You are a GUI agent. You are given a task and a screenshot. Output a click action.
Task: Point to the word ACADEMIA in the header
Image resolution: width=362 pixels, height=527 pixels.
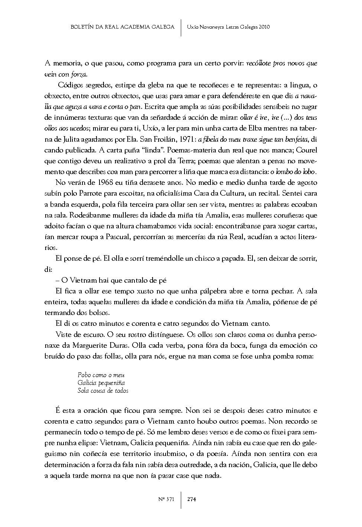(x=133, y=27)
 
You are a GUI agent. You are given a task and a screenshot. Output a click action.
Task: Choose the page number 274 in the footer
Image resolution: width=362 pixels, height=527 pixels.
(x=192, y=499)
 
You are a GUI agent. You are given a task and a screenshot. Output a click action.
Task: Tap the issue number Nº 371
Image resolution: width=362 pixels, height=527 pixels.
(x=166, y=499)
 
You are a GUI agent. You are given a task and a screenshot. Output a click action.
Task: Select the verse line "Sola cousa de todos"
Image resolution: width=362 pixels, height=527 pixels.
(x=103, y=391)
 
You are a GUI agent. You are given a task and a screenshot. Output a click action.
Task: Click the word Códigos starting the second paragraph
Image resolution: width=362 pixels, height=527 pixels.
(x=71, y=85)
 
